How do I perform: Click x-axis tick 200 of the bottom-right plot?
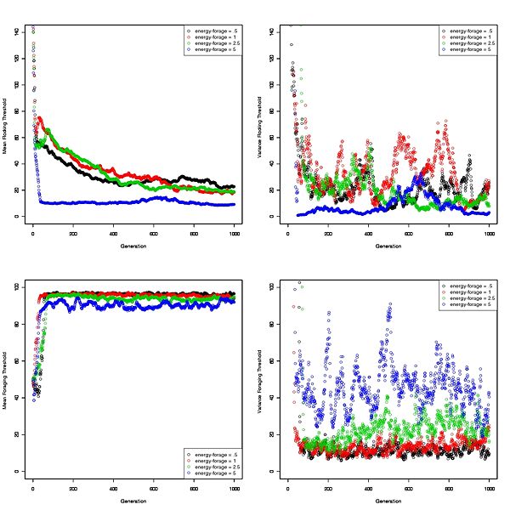[x=328, y=487]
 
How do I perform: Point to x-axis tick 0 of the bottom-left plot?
[x=33, y=487]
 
